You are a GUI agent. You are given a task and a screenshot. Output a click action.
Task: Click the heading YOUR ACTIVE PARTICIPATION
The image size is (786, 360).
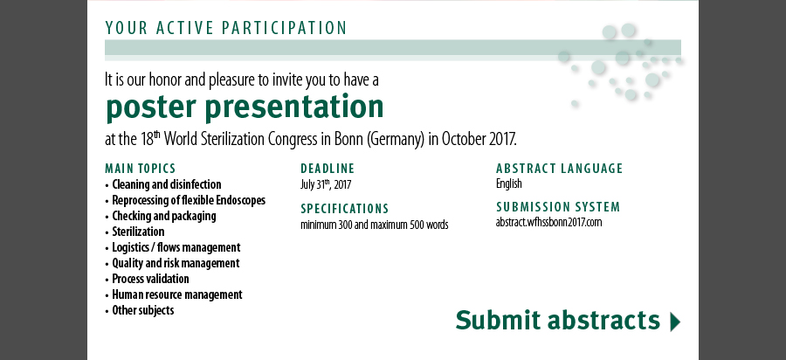[225, 28]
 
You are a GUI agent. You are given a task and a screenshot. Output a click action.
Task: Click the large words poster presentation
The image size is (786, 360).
[245, 107]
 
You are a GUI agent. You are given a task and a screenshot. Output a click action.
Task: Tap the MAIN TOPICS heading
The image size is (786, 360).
[141, 169]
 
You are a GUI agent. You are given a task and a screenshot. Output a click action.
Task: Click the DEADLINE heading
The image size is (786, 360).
[327, 169]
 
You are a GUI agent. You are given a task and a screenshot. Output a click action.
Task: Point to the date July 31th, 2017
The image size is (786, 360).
[326, 184]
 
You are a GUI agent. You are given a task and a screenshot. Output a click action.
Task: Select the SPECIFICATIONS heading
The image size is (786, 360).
[344, 209]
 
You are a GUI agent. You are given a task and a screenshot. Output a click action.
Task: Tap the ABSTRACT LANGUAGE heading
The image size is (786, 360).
[560, 169]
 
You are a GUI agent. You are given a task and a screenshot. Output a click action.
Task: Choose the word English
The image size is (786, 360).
[509, 184]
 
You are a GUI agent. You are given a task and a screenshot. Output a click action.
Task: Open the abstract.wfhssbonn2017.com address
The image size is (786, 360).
[548, 222]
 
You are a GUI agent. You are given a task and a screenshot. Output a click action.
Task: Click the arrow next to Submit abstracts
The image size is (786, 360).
[675, 322]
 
